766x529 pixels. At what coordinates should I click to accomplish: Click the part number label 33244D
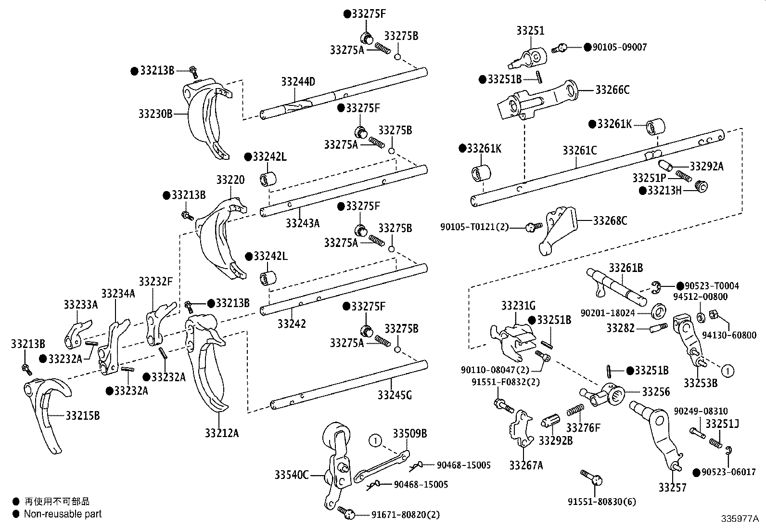point(298,82)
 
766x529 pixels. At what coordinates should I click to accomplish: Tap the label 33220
point(230,180)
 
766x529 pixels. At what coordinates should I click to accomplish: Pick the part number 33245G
point(395,395)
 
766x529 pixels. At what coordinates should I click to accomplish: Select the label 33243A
point(302,223)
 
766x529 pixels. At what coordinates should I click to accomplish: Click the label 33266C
point(612,90)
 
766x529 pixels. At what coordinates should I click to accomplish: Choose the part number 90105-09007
point(620,47)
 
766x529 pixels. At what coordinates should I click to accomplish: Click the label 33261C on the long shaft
point(579,151)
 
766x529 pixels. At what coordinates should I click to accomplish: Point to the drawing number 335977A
point(740,519)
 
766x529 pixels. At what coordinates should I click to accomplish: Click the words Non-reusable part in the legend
point(63,514)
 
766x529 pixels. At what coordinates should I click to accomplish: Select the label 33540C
point(292,475)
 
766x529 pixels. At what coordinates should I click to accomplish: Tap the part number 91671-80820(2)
point(405,515)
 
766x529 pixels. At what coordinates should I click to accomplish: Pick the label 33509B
point(409,433)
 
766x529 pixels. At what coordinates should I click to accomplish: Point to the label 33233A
point(80,304)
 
